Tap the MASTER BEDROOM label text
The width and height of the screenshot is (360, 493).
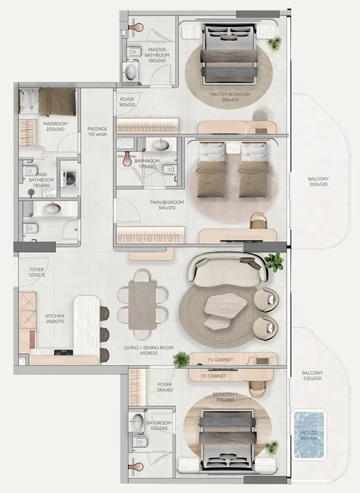(x=229, y=97)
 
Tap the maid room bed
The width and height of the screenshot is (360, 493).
(x=48, y=101)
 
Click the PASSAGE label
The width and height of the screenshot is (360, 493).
(x=98, y=131)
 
